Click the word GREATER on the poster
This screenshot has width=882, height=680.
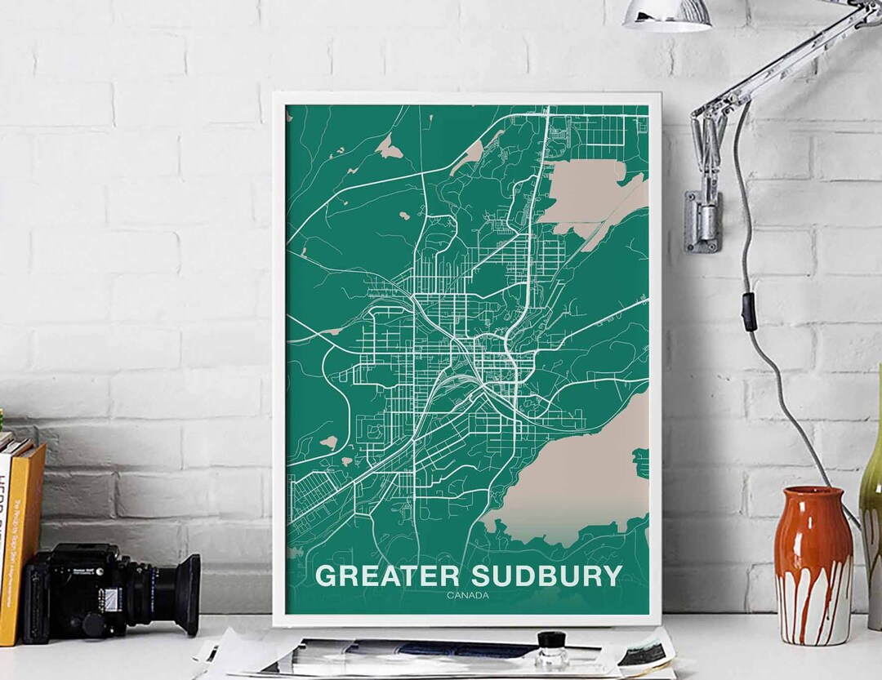click(x=387, y=576)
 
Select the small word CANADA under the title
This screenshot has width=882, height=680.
click(x=468, y=595)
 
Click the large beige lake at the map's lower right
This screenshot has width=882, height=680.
click(x=572, y=482)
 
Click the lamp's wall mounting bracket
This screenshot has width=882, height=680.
click(x=701, y=220)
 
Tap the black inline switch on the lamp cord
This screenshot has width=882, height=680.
click(x=748, y=312)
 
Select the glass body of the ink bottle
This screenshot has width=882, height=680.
click(x=553, y=655)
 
